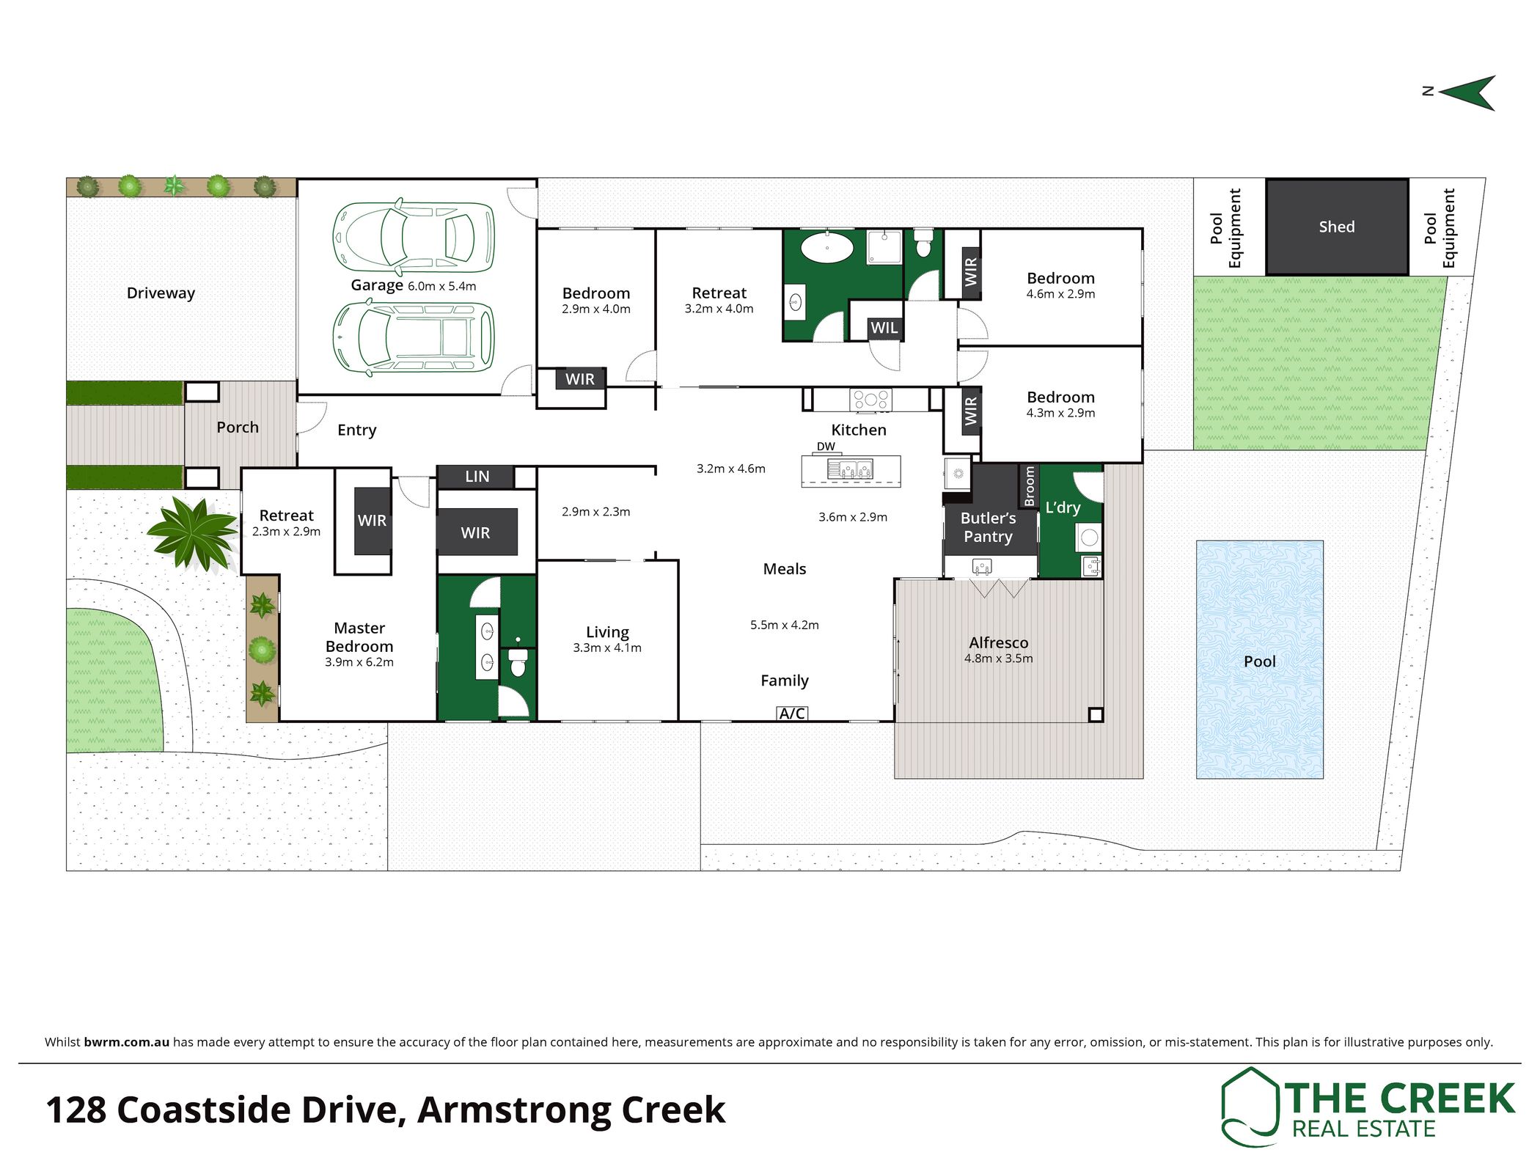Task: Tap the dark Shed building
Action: point(1337,227)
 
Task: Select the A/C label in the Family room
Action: point(792,713)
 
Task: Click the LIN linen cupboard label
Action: point(477,477)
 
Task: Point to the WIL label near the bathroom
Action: point(884,328)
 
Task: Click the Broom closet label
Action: point(1029,486)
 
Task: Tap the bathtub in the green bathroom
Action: point(827,247)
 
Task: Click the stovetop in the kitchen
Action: point(870,400)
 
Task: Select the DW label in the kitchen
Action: point(826,446)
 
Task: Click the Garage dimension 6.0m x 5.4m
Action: point(442,286)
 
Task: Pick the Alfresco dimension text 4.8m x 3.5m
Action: point(998,659)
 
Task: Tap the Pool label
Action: point(1260,661)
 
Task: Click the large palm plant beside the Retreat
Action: point(193,533)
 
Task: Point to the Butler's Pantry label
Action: point(989,527)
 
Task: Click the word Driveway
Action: point(161,293)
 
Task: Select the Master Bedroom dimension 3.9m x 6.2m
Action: point(359,662)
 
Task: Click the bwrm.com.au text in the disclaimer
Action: point(127,1042)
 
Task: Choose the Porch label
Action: point(238,428)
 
